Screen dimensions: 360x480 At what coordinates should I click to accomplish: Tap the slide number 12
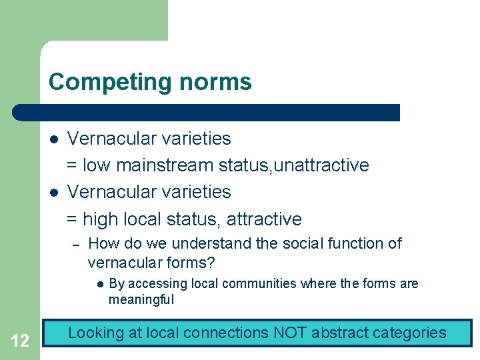tap(20, 341)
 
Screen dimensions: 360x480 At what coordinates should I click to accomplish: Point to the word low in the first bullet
tap(97, 165)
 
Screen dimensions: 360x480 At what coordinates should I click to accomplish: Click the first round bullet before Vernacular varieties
tap(55, 139)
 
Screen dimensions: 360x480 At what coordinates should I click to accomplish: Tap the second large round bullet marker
tap(55, 193)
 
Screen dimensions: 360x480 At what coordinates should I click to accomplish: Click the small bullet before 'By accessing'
tap(98, 284)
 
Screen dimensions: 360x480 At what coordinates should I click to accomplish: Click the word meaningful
tap(141, 300)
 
